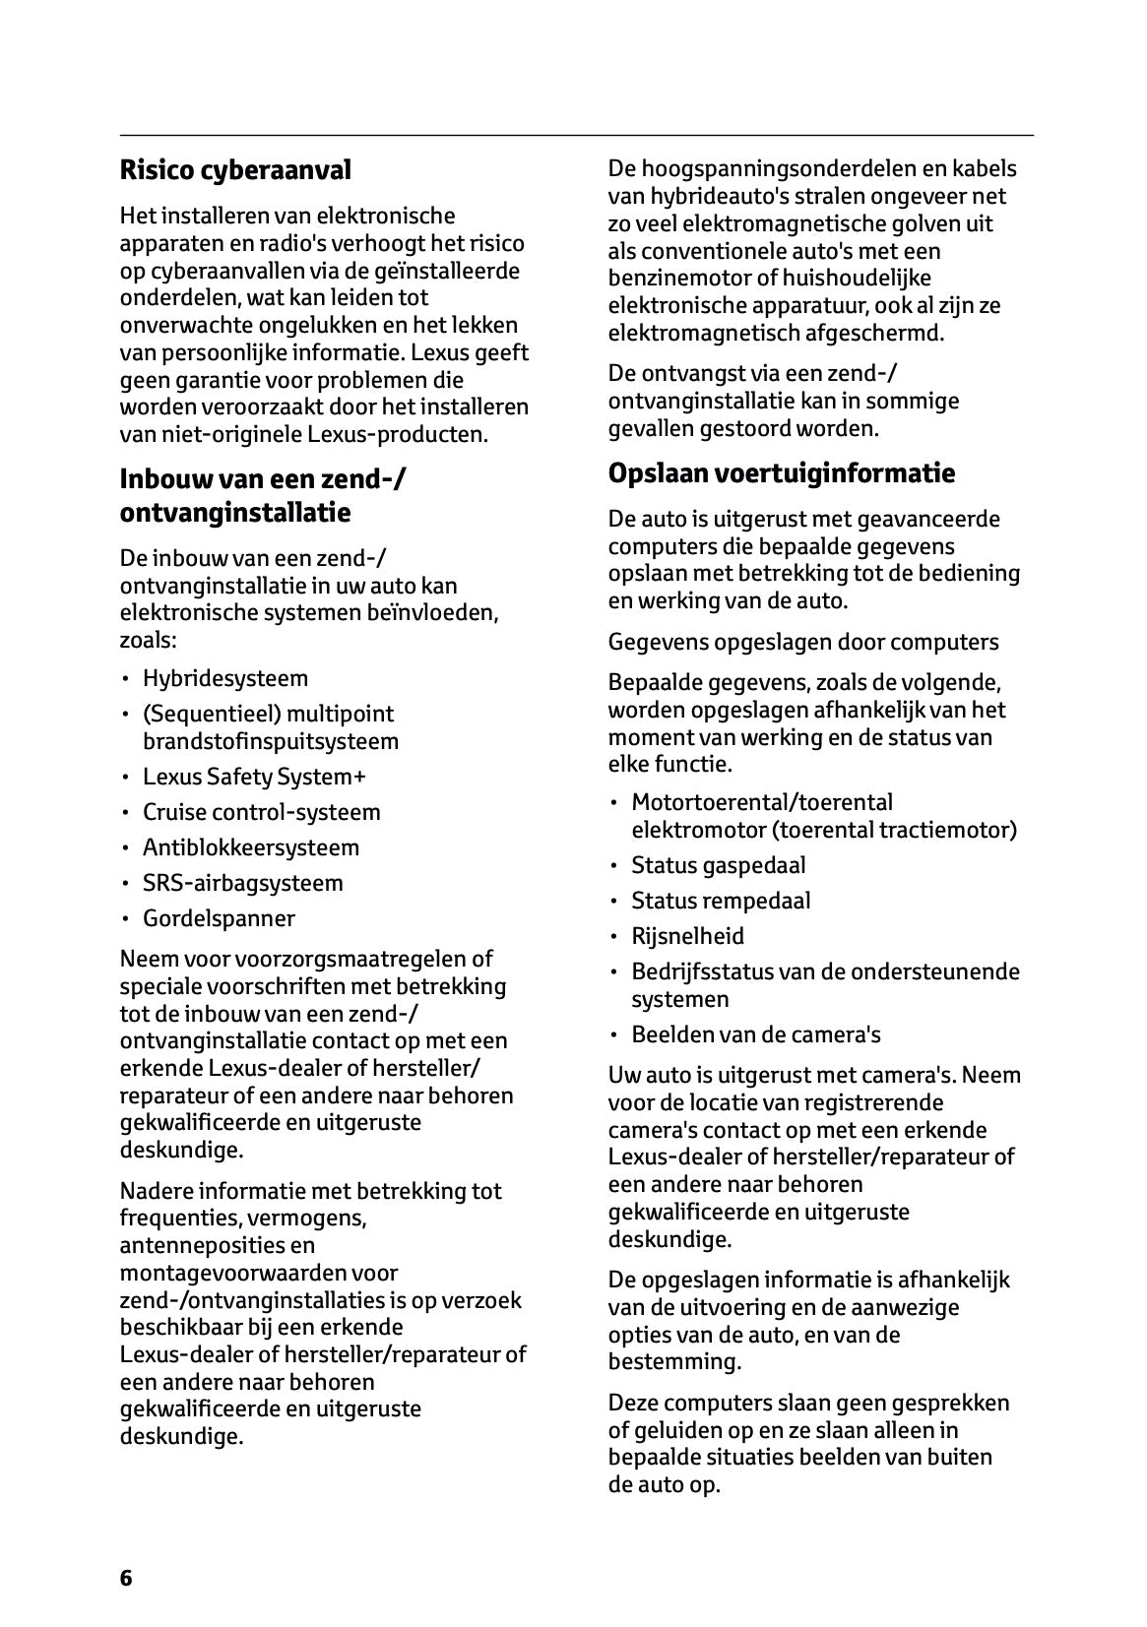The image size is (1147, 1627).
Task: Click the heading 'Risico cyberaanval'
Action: coord(235,171)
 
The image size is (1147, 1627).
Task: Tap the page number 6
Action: coord(126,1578)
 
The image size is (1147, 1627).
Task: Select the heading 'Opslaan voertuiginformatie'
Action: coord(781,473)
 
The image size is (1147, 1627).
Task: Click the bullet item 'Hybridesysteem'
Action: coord(225,678)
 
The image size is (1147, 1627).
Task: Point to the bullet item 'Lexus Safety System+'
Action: coord(254,777)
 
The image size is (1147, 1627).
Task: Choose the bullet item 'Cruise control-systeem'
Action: coord(261,812)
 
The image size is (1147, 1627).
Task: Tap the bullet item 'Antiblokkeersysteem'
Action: coord(251,847)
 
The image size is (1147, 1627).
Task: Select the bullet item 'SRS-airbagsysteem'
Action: coord(243,883)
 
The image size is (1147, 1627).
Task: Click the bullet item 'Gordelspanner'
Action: coord(219,918)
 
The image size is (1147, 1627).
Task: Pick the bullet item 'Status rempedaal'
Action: coord(721,901)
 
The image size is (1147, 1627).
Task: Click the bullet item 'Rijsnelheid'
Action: coord(687,936)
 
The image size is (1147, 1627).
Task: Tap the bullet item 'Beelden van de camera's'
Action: coord(755,1034)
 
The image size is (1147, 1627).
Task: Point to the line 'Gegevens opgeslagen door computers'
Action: coord(802,642)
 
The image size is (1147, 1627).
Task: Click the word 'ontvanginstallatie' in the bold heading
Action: coord(235,513)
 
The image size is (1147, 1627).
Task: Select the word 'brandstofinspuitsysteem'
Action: coord(271,741)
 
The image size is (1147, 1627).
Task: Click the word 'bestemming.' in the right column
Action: coord(674,1362)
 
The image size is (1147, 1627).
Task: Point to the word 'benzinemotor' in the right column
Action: coord(670,279)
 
